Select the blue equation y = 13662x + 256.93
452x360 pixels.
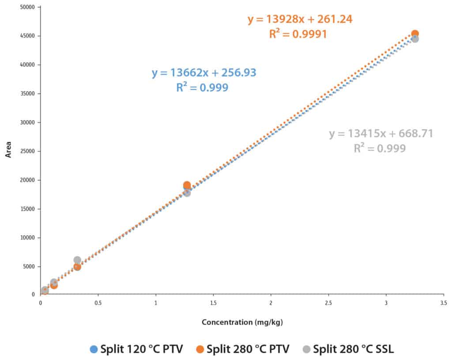tap(204, 72)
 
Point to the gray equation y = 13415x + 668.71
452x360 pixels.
tap(381, 133)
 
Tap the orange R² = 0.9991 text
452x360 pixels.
tap(298, 34)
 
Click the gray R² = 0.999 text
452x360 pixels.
tap(380, 148)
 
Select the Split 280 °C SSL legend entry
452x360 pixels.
tap(349, 349)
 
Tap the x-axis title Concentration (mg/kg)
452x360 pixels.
tap(242, 322)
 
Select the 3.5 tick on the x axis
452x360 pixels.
tap(443, 303)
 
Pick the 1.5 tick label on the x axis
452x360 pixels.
tap(213, 303)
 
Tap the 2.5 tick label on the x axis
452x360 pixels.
tap(328, 303)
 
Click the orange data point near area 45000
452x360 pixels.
tap(415, 34)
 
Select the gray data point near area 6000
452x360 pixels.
tap(77, 260)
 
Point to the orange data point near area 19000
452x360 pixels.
tap(187, 185)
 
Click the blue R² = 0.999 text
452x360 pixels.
tap(202, 87)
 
